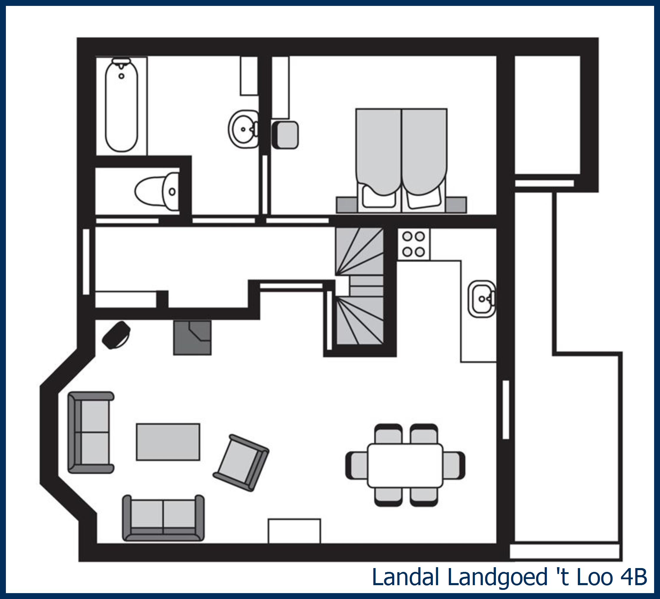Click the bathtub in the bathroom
point(121,105)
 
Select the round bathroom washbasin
point(243,130)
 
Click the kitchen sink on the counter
point(481,299)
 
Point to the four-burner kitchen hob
point(413,244)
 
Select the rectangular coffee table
point(168,442)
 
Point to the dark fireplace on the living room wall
point(192,337)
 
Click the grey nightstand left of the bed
point(346,205)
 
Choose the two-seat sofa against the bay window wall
point(91,432)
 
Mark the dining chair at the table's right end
point(454,465)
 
